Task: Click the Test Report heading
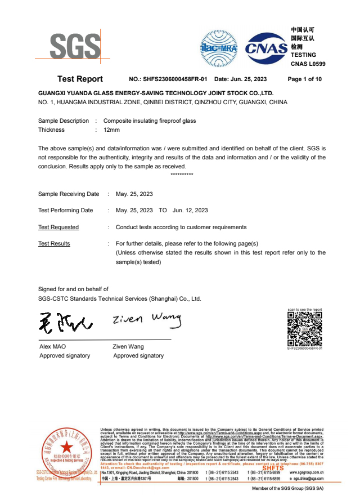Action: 80,79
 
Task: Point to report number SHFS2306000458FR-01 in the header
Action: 176,79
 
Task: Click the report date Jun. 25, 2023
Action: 247,79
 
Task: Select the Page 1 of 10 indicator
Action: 304,79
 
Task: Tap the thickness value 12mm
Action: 111,130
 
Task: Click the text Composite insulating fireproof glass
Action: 150,120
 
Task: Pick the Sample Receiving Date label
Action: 69,194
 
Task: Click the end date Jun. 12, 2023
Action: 190,210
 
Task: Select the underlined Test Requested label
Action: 58,227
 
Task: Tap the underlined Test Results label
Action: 54,243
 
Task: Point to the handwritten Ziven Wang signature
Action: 147,320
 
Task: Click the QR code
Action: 304,329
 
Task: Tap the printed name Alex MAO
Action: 52,347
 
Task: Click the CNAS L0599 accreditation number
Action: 308,64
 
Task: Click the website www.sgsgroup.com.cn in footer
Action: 306,472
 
